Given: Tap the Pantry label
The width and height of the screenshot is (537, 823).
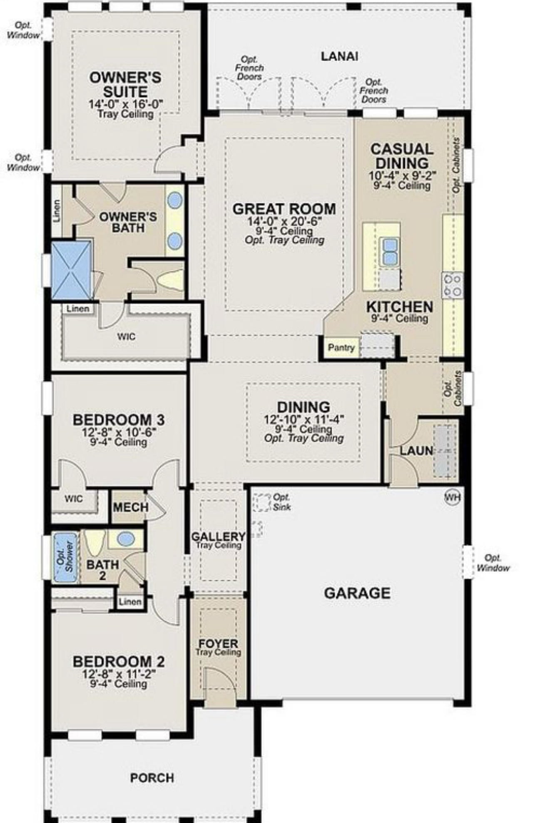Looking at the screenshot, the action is coord(341,348).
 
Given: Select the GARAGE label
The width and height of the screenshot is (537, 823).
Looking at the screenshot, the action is coord(357,593).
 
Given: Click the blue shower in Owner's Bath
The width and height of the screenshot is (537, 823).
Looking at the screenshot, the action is coord(71,270).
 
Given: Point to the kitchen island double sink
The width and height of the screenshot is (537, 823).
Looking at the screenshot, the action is coord(390,251).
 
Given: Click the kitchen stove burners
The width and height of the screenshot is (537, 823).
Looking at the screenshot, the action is coord(452,285).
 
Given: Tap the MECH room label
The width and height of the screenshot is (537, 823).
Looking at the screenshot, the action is coord(131,507).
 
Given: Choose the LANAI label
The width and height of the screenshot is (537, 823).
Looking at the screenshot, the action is coord(339,57).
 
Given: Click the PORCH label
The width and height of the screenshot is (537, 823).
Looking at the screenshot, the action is coord(152,778).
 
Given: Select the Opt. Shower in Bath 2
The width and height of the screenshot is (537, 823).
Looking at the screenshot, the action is coord(66,557).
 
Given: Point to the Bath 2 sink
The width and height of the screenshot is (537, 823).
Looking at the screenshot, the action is coord(126,539).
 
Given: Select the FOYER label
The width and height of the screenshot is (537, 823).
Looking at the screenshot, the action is coord(218,644).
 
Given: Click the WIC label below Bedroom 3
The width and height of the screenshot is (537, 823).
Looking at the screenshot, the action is coord(74,499).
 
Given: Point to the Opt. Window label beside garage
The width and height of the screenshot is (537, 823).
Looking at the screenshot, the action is coord(493,563).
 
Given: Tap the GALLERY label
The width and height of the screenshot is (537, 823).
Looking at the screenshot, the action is coord(218,537).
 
